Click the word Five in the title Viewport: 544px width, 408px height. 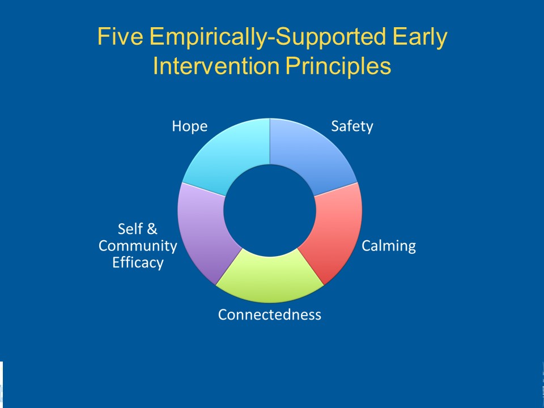coord(120,36)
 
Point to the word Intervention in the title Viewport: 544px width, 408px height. coord(216,66)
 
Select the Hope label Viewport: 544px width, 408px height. coord(190,127)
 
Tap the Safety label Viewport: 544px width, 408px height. coord(352,126)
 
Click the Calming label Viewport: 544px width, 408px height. coord(389,246)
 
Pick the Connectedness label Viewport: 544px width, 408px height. coord(270,314)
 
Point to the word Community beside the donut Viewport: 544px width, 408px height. coord(138,246)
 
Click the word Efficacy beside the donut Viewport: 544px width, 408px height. coord(138,262)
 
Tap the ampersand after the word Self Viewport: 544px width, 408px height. coord(152,229)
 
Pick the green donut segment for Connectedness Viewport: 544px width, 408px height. coord(270,278)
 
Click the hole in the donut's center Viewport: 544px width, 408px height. coord(270,211)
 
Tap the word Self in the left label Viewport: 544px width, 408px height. coord(130,229)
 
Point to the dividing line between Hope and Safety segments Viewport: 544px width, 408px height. coord(270,141)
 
